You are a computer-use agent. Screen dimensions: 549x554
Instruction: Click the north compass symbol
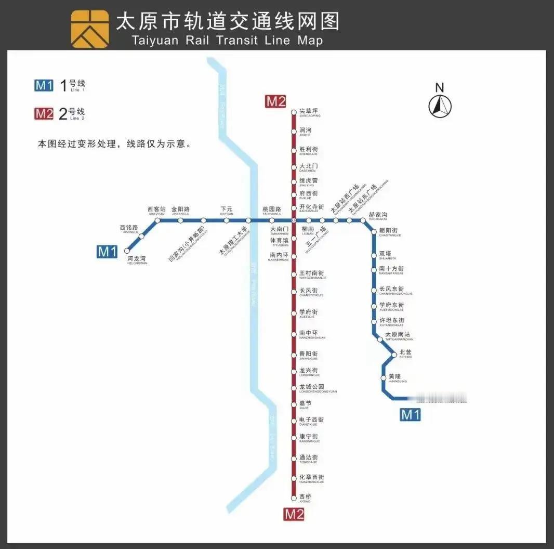[x=440, y=106]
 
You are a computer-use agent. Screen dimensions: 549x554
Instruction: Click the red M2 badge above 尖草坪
[x=275, y=102]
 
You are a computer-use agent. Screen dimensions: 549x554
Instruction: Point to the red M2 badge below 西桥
[x=294, y=515]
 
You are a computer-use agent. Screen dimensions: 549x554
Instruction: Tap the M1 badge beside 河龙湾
[x=107, y=252]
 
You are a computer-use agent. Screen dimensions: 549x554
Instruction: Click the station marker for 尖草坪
[x=294, y=112]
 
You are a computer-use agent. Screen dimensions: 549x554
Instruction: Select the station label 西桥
[x=305, y=496]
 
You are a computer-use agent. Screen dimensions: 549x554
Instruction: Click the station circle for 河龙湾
[x=127, y=250]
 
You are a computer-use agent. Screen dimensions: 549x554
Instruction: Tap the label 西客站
[x=156, y=210]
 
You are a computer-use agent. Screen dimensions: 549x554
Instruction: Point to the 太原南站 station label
[x=398, y=334]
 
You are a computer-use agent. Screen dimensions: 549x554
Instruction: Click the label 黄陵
[x=395, y=376]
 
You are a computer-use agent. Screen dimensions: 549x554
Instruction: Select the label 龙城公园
[x=311, y=387]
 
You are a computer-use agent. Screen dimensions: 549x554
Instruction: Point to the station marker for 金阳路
[x=180, y=220]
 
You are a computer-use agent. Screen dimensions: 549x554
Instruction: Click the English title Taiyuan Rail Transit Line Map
[x=227, y=40]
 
